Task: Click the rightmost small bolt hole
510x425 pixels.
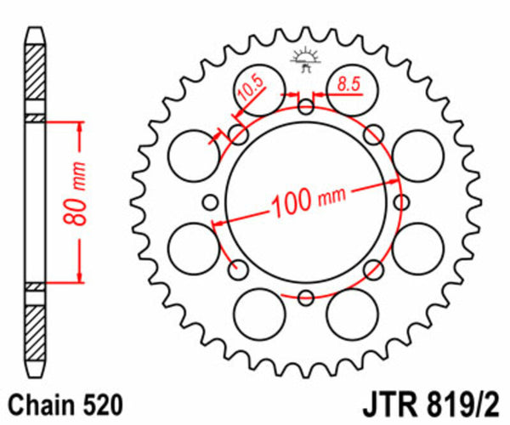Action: point(401,201)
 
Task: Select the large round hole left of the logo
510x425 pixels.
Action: point(260,84)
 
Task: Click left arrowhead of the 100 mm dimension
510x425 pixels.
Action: point(218,224)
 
